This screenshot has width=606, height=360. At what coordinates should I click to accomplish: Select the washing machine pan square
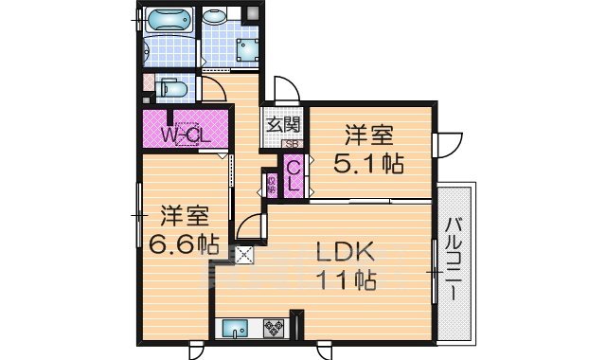click(249, 51)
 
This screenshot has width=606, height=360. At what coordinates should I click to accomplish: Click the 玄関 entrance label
click(281, 124)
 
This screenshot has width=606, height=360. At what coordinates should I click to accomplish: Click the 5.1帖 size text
click(369, 163)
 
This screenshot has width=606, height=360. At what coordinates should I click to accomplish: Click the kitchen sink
click(237, 329)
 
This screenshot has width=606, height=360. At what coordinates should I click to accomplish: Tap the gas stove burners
click(274, 329)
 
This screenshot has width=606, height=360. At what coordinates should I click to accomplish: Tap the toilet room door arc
click(212, 91)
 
